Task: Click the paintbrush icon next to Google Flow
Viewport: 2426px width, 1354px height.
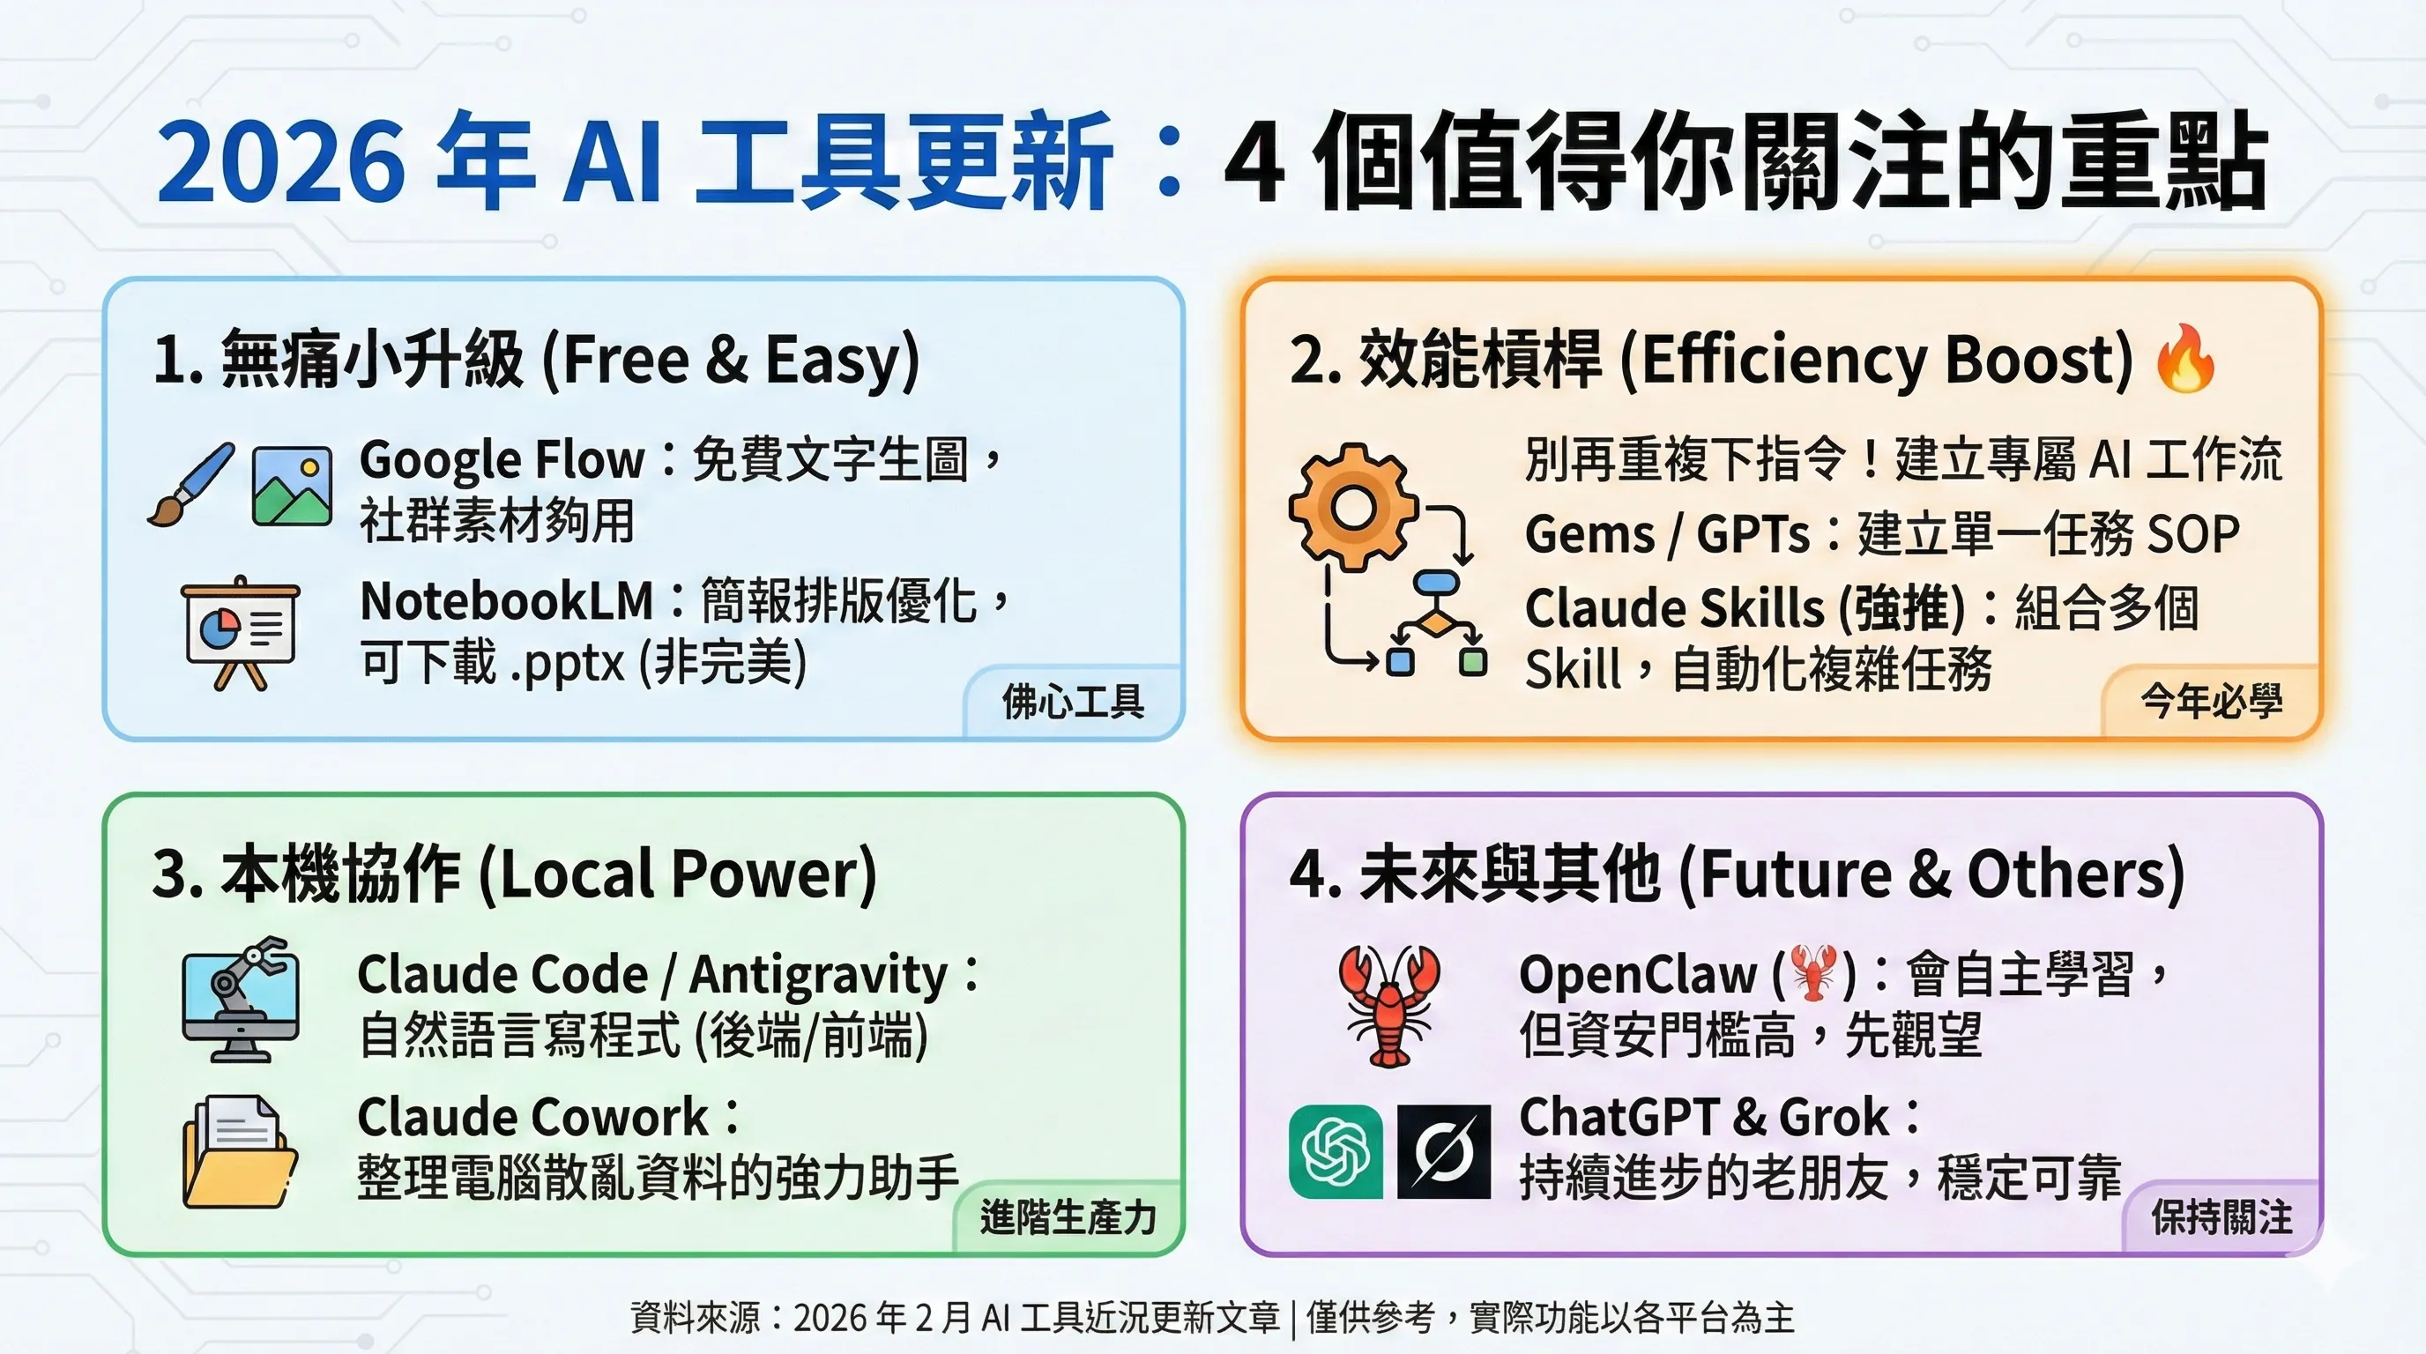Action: point(191,484)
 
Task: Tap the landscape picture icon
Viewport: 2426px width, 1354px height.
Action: point(292,486)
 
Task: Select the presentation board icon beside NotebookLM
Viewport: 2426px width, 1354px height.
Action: point(240,633)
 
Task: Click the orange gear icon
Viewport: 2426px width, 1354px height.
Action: point(1353,507)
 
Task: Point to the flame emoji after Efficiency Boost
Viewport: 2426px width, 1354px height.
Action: point(2185,357)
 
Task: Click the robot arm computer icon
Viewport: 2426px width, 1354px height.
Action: point(240,1000)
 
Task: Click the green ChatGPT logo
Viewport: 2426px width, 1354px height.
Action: point(1336,1150)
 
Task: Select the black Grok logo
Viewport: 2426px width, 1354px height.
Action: point(1444,1150)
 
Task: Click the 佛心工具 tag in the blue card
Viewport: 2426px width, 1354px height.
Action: point(1073,702)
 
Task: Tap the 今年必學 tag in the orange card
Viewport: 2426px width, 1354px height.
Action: point(2211,702)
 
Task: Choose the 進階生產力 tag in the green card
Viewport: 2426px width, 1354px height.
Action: point(1068,1217)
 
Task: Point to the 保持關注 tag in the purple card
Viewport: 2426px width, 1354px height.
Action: point(2221,1217)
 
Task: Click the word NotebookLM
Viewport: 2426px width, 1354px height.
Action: point(507,600)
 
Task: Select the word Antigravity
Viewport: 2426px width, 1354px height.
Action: point(818,977)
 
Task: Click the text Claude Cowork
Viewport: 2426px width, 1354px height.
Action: point(533,1118)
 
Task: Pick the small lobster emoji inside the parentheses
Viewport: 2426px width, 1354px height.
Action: point(1813,973)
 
